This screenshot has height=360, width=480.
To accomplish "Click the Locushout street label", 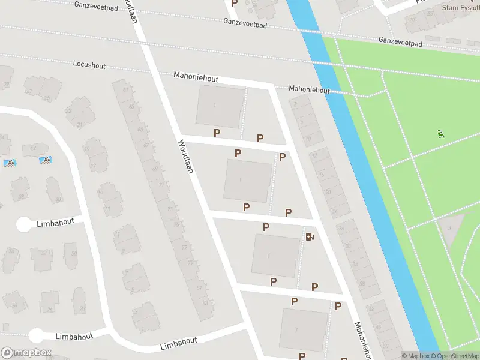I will (89, 63).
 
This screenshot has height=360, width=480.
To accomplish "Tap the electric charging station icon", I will (310, 236).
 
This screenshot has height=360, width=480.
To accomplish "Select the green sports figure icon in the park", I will (440, 134).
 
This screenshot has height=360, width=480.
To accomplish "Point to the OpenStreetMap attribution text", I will (454, 356).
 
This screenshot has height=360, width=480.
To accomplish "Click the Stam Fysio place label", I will (460, 8).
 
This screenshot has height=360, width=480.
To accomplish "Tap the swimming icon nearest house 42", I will (44, 160).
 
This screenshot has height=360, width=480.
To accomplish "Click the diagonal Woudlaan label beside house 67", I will (185, 157).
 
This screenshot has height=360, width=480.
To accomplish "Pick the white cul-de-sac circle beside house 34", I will (24, 224).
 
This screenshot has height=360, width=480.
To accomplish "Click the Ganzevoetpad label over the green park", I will (400, 42).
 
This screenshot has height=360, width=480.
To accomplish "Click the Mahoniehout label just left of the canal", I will (309, 89).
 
